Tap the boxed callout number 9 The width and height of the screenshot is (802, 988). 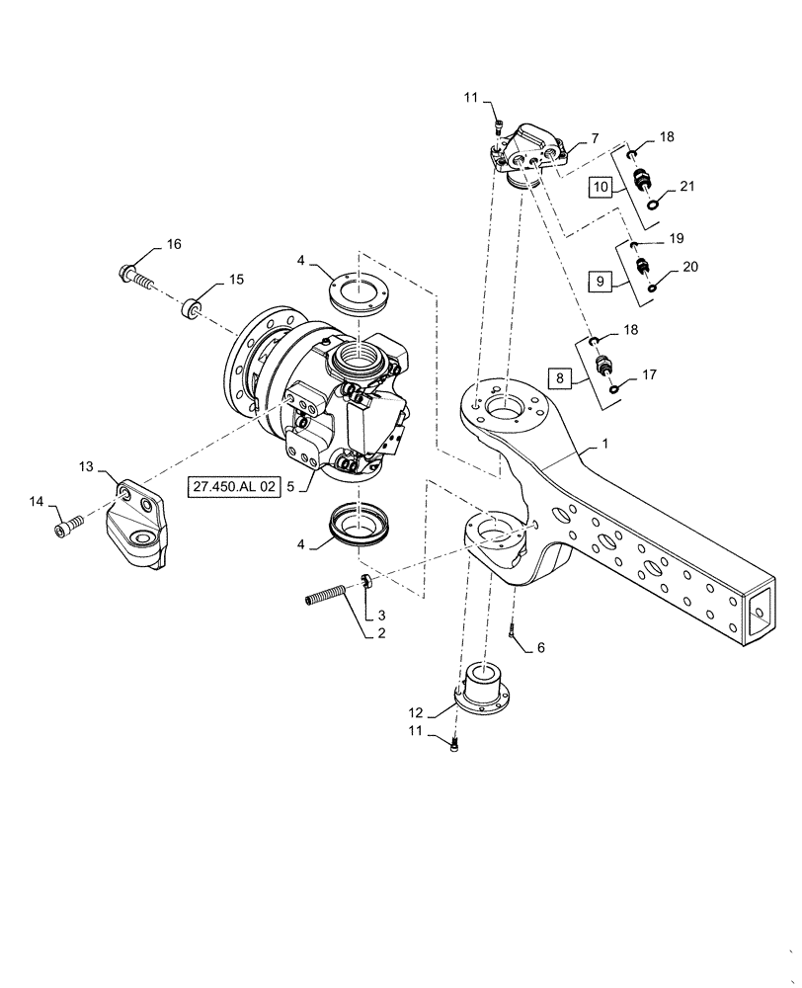pos(600,281)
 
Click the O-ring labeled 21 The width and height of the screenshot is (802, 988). pos(655,204)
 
